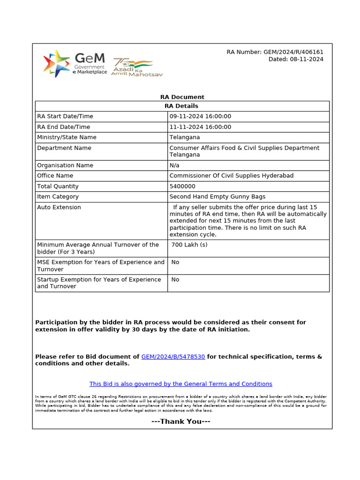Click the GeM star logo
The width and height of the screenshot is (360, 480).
[57, 62]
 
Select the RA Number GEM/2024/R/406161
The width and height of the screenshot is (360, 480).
[275, 52]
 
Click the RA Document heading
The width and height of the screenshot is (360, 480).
[182, 97]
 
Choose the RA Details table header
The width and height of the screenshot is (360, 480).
[182, 106]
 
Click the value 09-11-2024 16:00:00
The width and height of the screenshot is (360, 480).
[200, 116]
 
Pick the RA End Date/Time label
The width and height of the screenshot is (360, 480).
[64, 127]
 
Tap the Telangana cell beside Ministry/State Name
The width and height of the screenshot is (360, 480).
[184, 137]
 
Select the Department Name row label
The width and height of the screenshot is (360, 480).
[64, 148]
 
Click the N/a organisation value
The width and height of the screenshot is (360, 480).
[174, 165]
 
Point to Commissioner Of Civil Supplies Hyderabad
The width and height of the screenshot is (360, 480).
[231, 176]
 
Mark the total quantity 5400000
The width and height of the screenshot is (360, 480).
[182, 186]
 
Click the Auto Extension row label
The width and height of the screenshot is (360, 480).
[59, 207]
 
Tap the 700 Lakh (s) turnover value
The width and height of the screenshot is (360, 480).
[189, 245]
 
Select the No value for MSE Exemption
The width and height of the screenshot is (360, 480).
[175, 262]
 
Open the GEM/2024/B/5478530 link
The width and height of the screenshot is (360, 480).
[173, 357]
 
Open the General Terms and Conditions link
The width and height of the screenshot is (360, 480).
[180, 384]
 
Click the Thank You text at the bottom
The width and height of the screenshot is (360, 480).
[181, 421]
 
